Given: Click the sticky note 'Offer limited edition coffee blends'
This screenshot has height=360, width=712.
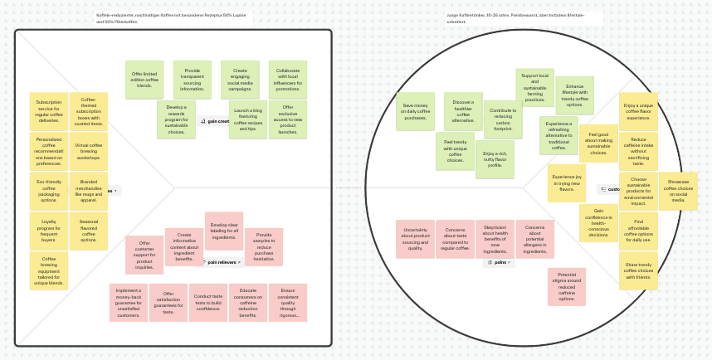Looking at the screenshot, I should coord(144,80).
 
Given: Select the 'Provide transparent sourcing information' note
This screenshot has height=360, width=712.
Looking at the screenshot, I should coord(192,80).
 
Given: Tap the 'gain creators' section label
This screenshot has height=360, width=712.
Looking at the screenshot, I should coord(214,121).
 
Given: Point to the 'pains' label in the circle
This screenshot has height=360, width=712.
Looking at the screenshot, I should coord(500,262).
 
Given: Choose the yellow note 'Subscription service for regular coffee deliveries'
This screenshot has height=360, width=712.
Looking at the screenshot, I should coord(49,111).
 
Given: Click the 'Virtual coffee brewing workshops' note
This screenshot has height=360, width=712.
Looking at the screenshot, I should coord(89,151).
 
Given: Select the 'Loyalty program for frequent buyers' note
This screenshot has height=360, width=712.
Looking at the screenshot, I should coord(49,231).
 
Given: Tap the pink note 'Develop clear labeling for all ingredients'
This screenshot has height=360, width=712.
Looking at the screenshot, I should coord(224,231).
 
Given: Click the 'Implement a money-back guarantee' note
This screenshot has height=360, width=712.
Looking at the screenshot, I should coord(129,302).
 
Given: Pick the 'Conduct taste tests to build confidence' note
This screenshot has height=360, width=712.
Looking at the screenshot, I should coord(208,302).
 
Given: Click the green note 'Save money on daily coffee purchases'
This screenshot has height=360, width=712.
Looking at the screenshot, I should coord(415,111).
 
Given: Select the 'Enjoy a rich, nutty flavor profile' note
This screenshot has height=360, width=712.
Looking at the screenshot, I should coord(495,159).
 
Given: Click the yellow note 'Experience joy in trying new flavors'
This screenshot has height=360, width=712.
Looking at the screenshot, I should coord(567,183).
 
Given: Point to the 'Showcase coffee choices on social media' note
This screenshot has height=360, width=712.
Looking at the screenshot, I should coord(678,191).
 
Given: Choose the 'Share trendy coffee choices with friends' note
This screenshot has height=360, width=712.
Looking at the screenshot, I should coord(638,270).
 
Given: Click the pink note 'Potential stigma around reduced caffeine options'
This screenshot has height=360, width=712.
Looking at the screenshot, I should coord(567,286).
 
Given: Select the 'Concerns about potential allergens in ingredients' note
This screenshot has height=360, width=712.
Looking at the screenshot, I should coord(534,239).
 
